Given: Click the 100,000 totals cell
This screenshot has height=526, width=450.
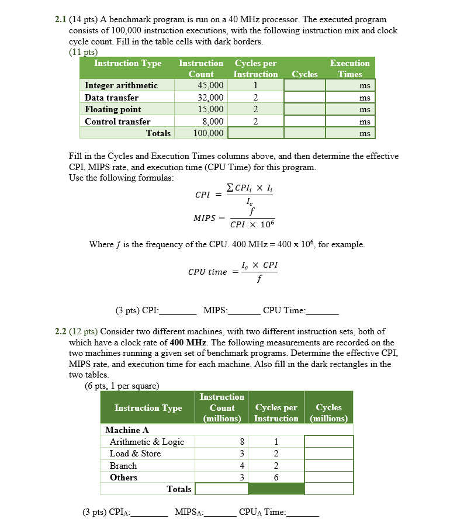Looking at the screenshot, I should [x=209, y=133].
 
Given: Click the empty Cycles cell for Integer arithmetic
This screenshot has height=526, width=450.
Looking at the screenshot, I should [x=304, y=85].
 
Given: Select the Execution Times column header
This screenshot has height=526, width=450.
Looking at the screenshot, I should [x=349, y=68].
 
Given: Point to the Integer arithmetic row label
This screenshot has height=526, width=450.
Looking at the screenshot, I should [x=121, y=85].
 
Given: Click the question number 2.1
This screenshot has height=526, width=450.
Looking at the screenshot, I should [x=61, y=20].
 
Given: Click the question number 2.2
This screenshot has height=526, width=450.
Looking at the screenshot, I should [x=61, y=331].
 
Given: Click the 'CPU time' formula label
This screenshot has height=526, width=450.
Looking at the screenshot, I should [x=207, y=272].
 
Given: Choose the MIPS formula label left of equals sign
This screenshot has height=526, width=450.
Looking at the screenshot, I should [x=204, y=218].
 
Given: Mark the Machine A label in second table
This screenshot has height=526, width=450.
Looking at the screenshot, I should [x=127, y=430].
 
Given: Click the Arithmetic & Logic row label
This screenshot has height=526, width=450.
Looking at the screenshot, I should [x=147, y=442].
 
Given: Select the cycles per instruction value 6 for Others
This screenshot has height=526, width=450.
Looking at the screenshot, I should [x=276, y=477].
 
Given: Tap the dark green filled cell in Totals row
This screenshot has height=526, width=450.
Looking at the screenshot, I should [x=276, y=489].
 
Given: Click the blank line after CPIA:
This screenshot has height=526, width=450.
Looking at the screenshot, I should [x=150, y=513].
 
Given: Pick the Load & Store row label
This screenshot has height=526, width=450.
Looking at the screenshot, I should [x=135, y=454].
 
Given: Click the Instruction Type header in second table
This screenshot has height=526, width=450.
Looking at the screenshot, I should [x=148, y=408].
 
